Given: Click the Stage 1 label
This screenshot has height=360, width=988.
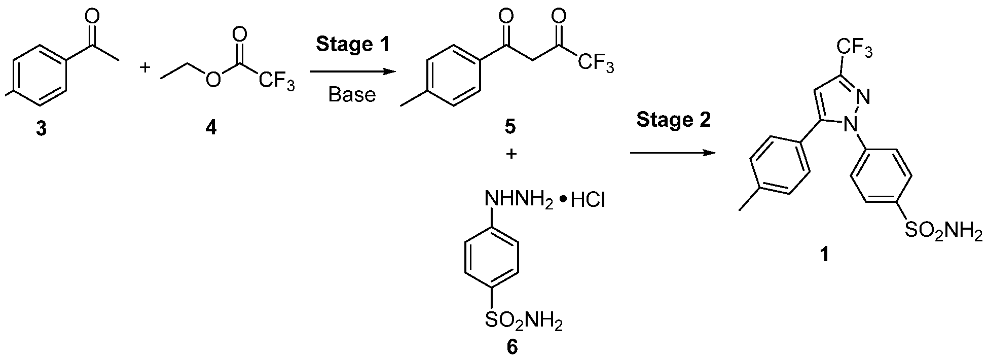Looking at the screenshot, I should point(353,44).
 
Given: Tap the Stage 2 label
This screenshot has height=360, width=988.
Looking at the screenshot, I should point(673,120).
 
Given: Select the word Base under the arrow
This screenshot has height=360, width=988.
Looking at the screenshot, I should point(352,94).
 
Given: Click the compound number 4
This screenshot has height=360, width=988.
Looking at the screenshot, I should point(210,129).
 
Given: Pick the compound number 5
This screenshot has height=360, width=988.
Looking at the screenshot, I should point(510,126).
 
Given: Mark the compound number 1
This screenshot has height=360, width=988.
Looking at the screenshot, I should point(825,254).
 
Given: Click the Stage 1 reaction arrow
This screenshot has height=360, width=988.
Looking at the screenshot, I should point(352,72).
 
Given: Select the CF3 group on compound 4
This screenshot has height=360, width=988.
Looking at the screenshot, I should point(276,82).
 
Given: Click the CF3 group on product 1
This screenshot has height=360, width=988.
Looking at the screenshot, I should point(854,50).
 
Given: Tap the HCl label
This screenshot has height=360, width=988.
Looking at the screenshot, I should point(588,201).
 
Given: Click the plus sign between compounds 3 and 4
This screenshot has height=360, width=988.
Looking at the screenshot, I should point(145,67).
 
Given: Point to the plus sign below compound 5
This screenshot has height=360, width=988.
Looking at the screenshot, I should point(511,154).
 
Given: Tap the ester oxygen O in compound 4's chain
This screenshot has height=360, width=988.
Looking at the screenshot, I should point(214,80).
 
